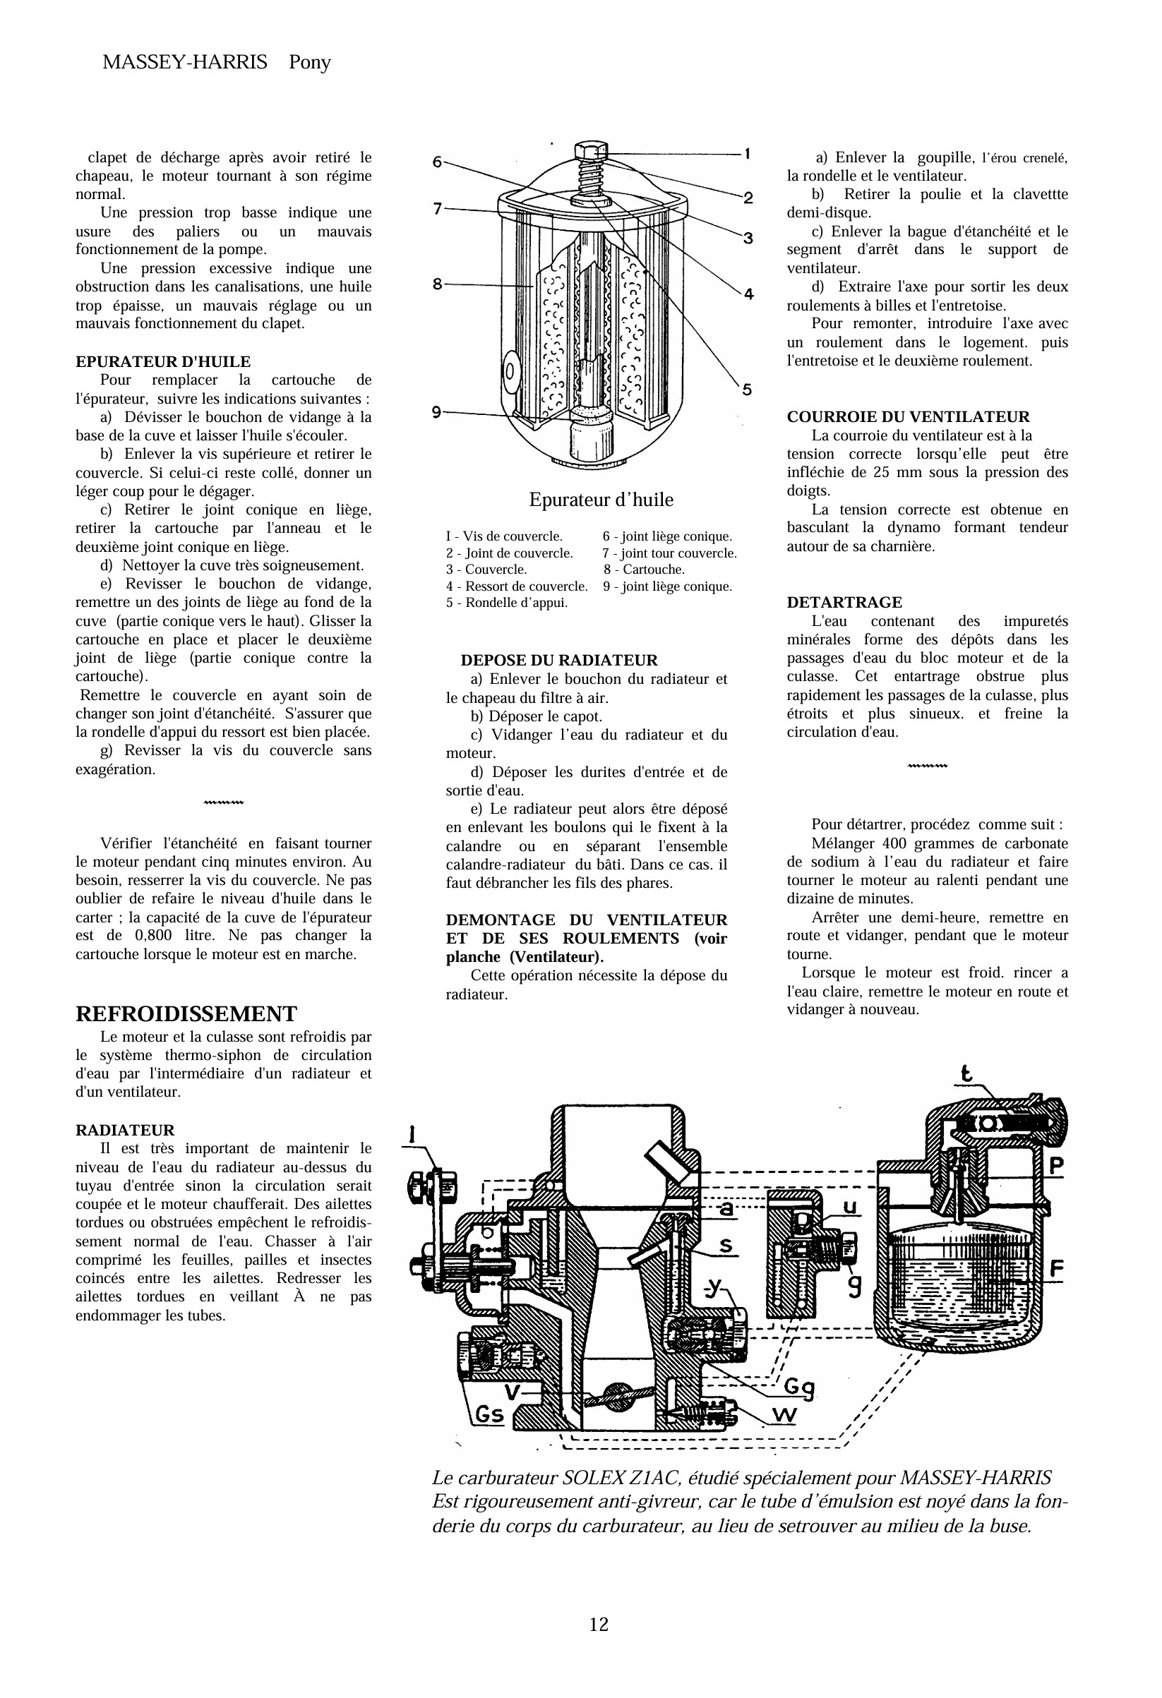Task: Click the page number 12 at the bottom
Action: point(599,1623)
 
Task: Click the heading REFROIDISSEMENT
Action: point(186,1013)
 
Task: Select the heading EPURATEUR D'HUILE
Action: point(163,361)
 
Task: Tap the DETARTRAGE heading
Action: point(844,602)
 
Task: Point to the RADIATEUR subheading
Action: point(125,1130)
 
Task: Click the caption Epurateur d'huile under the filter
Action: point(601,500)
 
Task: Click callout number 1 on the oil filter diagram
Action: point(748,153)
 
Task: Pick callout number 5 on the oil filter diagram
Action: point(747,390)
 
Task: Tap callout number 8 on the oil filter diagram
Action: point(437,284)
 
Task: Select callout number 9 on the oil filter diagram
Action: point(436,412)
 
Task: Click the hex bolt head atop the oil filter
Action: point(590,151)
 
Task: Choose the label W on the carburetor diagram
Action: point(784,1415)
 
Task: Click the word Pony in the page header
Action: point(310,62)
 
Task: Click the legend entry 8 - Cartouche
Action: point(644,569)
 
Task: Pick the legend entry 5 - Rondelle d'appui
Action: point(506,602)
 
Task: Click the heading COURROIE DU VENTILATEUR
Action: point(908,416)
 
